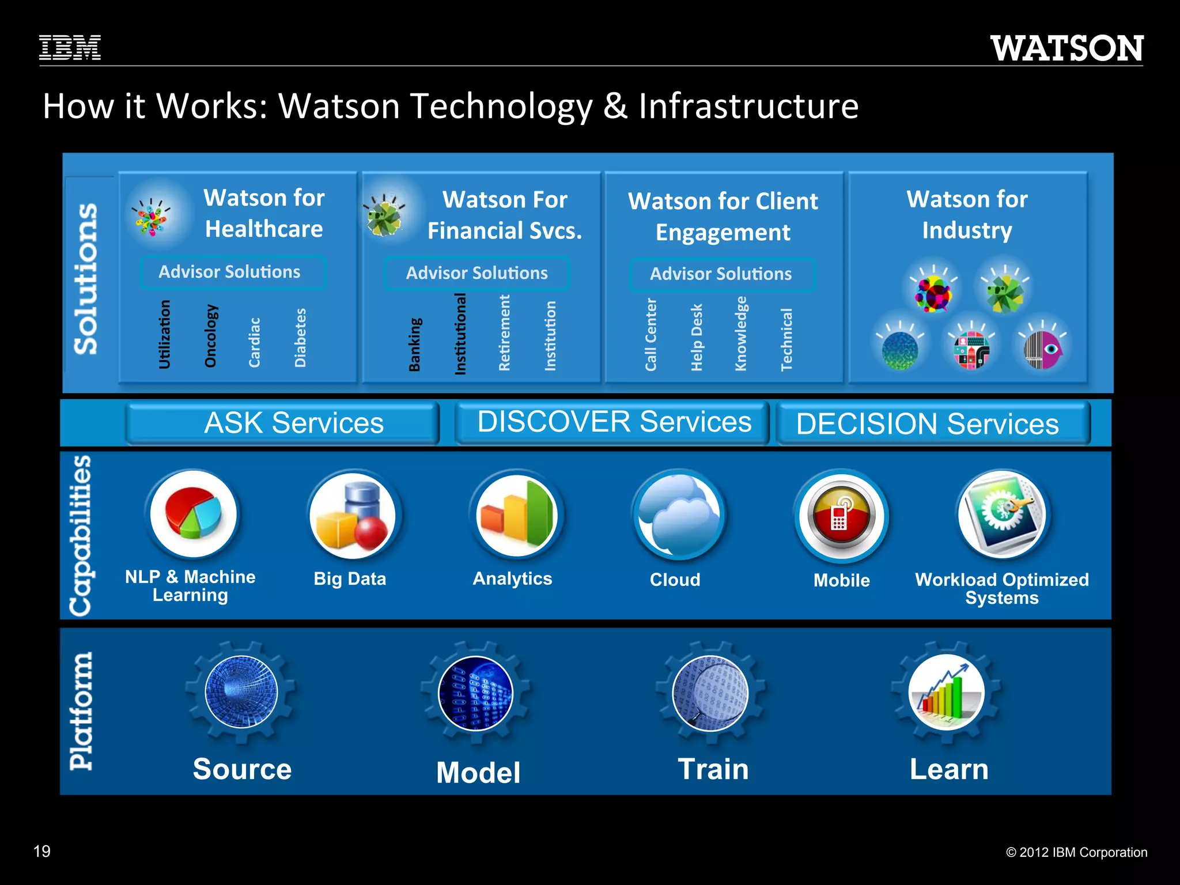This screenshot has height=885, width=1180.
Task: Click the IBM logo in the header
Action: click(x=70, y=47)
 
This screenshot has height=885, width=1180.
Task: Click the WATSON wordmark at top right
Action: click(x=1066, y=48)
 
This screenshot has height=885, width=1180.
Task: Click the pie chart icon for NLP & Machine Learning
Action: click(x=193, y=513)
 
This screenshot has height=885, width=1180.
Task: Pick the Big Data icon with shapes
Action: click(x=352, y=515)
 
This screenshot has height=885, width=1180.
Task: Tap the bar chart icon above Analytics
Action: click(x=517, y=515)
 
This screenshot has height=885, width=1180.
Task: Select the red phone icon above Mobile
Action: click(x=841, y=515)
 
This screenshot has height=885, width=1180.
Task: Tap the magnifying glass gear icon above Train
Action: click(x=710, y=693)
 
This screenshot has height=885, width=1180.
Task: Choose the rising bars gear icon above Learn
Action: click(x=946, y=692)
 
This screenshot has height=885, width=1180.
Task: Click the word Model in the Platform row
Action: click(x=478, y=773)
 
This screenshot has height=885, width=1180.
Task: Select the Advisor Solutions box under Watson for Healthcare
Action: click(x=232, y=272)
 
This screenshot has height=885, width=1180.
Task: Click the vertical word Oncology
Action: click(x=211, y=336)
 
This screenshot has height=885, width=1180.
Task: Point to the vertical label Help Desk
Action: click(x=697, y=338)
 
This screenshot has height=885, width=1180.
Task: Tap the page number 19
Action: click(x=42, y=851)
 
